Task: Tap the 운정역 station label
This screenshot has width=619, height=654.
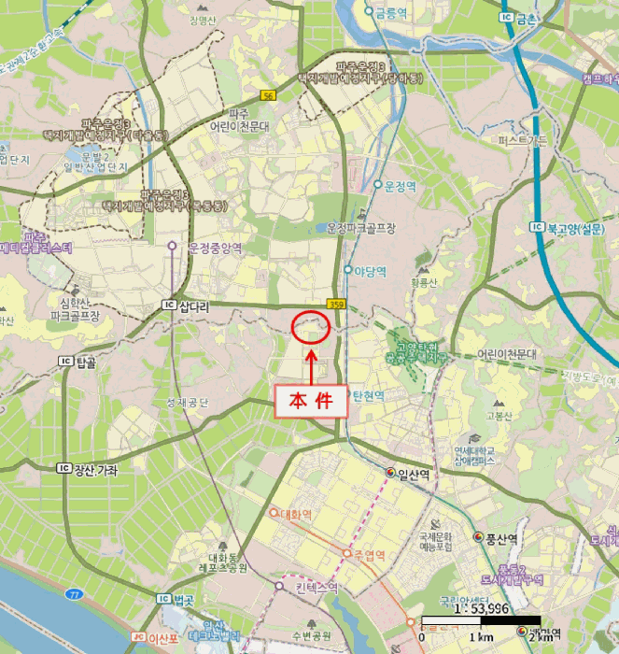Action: (403, 186)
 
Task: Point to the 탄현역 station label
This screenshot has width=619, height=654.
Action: (368, 395)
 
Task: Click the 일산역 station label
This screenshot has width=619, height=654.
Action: (413, 474)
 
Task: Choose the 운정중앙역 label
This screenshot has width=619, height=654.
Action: (215, 248)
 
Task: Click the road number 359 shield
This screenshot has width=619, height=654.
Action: (336, 304)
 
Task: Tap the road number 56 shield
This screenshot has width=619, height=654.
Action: (269, 95)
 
